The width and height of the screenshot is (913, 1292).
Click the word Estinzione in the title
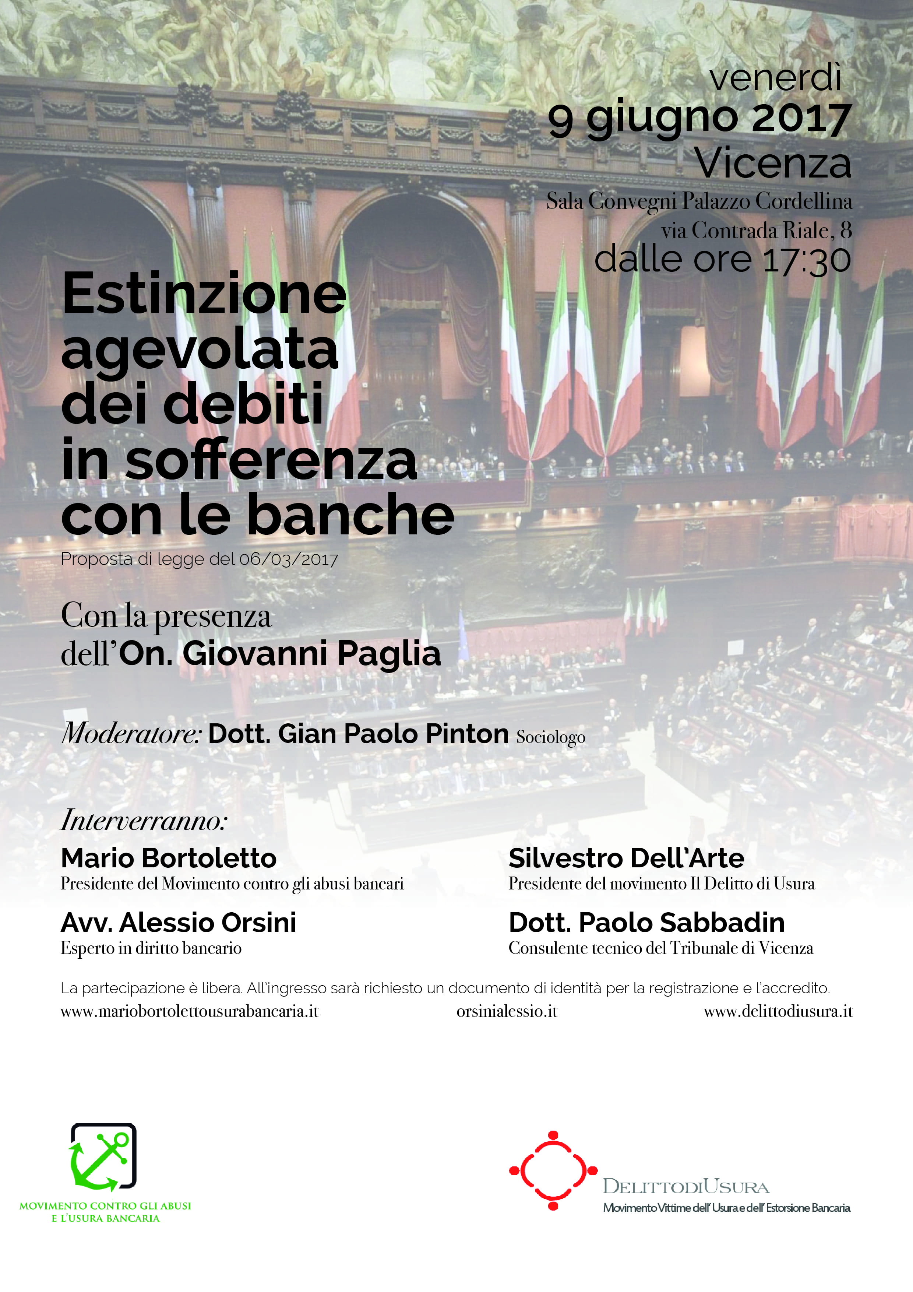click(204, 294)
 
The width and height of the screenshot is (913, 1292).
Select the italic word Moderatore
click(131, 734)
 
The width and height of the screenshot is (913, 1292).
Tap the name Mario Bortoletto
click(169, 858)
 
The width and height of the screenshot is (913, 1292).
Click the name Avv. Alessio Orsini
click(178, 922)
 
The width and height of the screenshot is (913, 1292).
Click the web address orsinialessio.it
click(506, 1011)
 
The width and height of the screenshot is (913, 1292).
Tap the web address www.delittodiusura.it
click(778, 1011)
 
